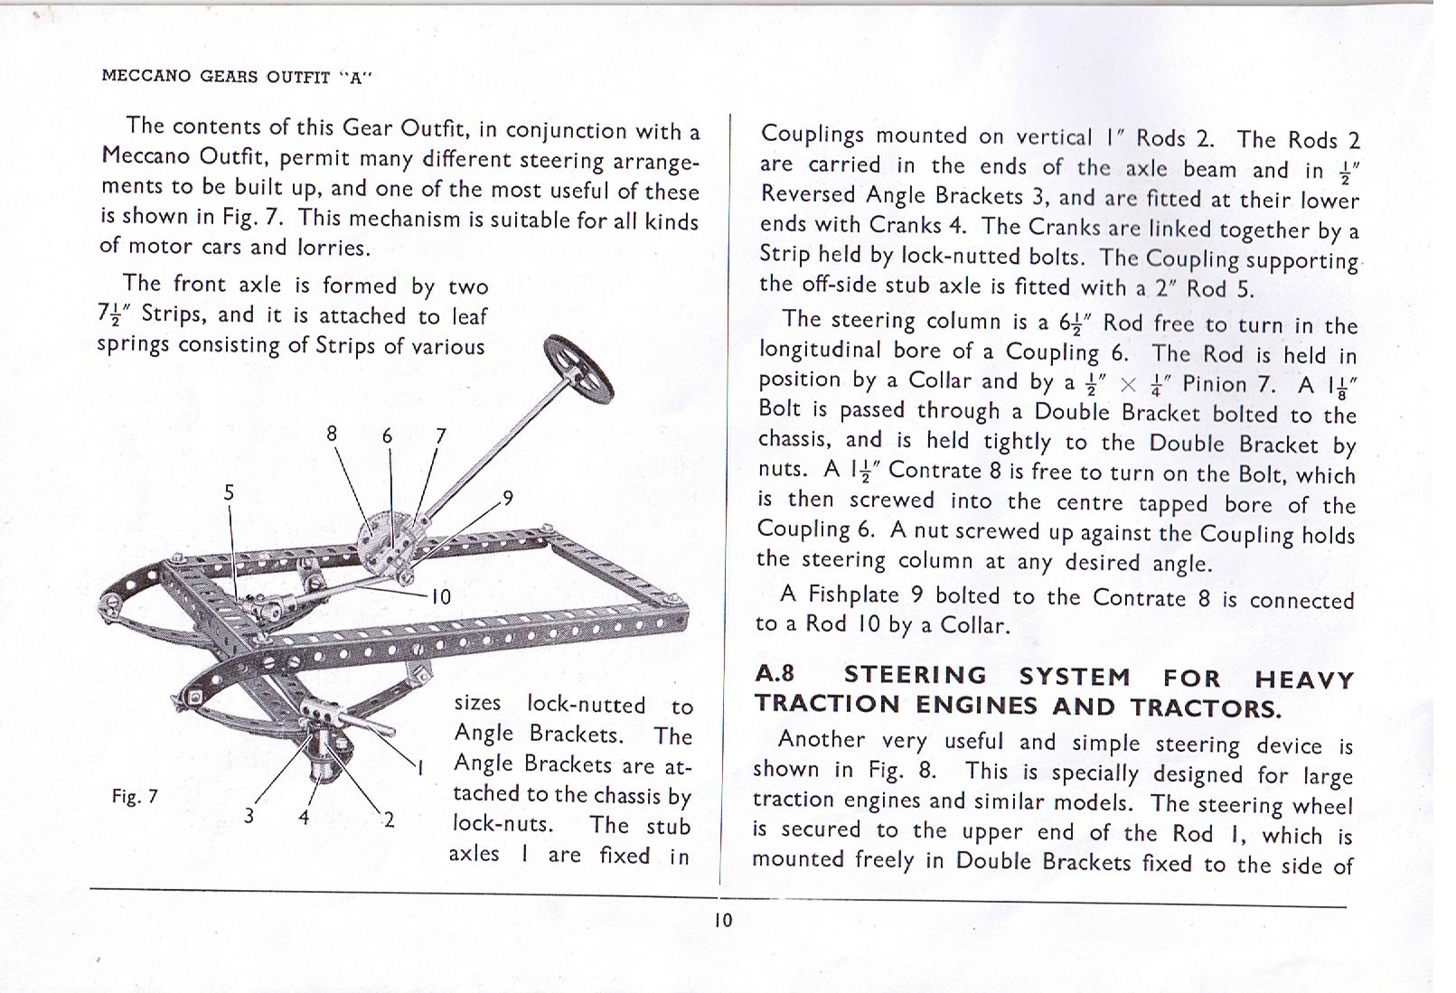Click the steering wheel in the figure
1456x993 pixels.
578,369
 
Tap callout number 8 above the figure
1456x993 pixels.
332,434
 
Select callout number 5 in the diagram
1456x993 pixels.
229,492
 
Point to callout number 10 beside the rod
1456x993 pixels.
440,596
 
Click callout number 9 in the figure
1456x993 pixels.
508,498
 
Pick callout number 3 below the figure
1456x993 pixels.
249,816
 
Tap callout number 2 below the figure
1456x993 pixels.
389,820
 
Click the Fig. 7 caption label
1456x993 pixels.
135,796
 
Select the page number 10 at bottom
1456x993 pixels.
723,920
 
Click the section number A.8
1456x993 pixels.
775,674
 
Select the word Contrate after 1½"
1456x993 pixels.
934,471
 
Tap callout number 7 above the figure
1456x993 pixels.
440,436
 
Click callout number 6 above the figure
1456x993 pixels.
387,436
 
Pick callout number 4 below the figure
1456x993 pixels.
305,818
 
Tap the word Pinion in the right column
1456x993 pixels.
1214,384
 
